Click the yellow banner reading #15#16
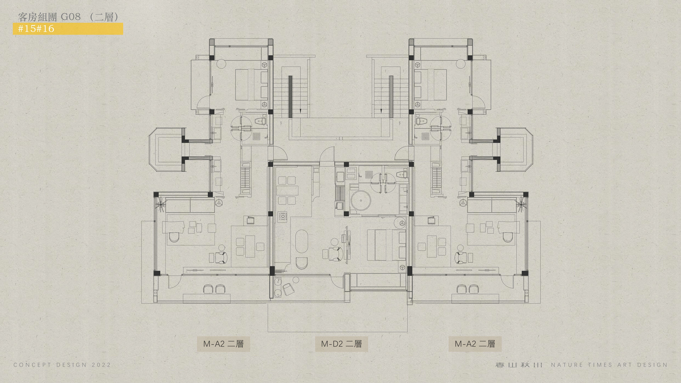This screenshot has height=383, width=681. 68,29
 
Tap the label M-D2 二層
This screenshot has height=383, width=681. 341,344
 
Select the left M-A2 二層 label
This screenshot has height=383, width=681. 223,344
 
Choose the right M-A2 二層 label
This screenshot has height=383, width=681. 475,344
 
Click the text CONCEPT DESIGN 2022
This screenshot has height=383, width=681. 62,365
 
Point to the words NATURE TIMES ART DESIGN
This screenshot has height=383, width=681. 609,365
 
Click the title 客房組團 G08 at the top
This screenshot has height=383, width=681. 49,17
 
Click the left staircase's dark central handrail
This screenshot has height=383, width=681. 290,96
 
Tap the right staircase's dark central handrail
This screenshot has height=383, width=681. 391,96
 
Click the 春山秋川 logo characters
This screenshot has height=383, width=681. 519,365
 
